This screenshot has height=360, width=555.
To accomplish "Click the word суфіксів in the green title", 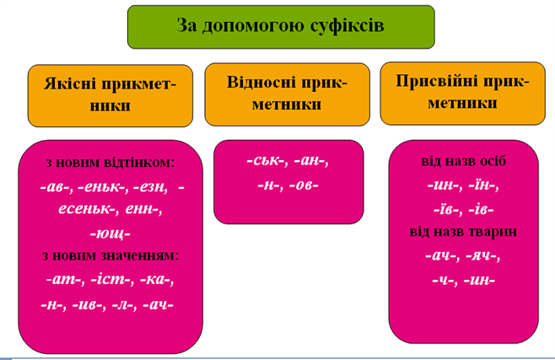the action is [x=347, y=26].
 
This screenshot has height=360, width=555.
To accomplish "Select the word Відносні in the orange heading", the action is [x=261, y=83].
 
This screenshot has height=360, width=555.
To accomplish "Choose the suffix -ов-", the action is [x=304, y=185].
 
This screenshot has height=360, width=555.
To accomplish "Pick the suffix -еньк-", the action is [x=101, y=187].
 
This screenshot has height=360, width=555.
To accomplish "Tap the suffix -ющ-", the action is [x=110, y=234].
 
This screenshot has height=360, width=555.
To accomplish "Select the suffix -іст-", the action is [x=110, y=280].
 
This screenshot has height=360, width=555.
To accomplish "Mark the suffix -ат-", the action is [x=64, y=280].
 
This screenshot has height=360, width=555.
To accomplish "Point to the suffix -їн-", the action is [x=482, y=185].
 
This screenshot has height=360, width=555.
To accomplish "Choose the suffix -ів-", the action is [x=481, y=210].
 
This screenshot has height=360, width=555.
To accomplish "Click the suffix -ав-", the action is [x=55, y=187].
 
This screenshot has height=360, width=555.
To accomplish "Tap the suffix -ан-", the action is [x=310, y=161].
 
